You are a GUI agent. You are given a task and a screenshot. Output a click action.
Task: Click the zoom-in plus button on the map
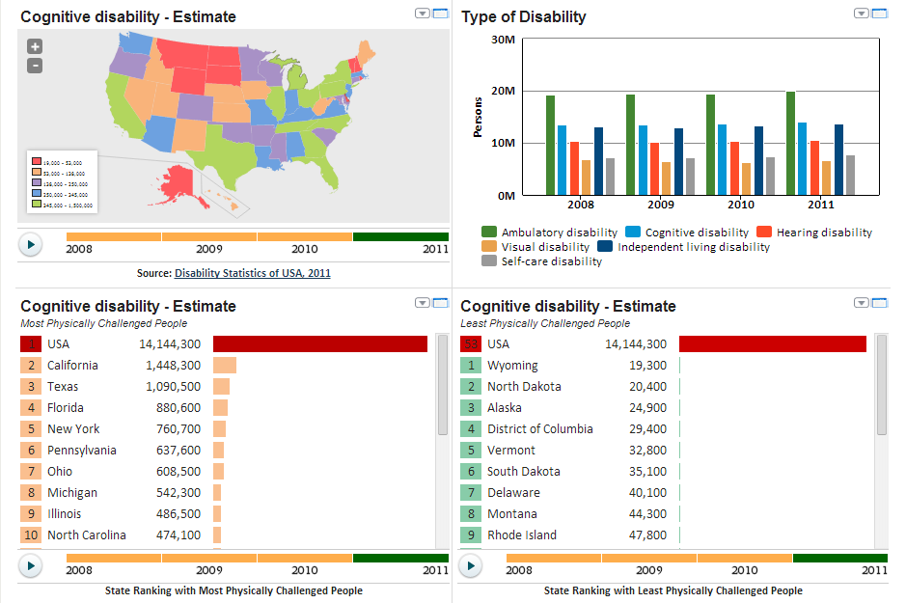(35, 46)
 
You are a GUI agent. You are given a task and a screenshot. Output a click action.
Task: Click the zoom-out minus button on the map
(35, 66)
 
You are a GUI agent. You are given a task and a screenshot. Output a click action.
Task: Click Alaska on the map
(182, 183)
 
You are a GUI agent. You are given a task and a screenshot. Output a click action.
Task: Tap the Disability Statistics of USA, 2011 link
(253, 273)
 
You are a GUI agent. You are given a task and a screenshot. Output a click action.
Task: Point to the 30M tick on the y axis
(503, 40)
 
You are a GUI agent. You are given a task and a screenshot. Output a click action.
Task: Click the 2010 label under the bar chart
(741, 205)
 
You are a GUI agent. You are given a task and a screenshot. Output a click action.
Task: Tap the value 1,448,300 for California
(173, 366)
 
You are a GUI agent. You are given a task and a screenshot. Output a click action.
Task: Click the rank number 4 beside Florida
(31, 408)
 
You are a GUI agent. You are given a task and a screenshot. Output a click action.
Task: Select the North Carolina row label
(87, 535)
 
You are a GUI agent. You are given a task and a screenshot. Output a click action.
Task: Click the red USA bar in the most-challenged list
(319, 344)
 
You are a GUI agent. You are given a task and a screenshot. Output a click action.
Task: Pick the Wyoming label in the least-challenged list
(512, 366)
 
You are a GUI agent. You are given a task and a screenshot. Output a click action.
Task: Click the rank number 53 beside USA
(471, 344)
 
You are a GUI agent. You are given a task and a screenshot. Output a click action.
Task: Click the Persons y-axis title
(478, 117)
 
